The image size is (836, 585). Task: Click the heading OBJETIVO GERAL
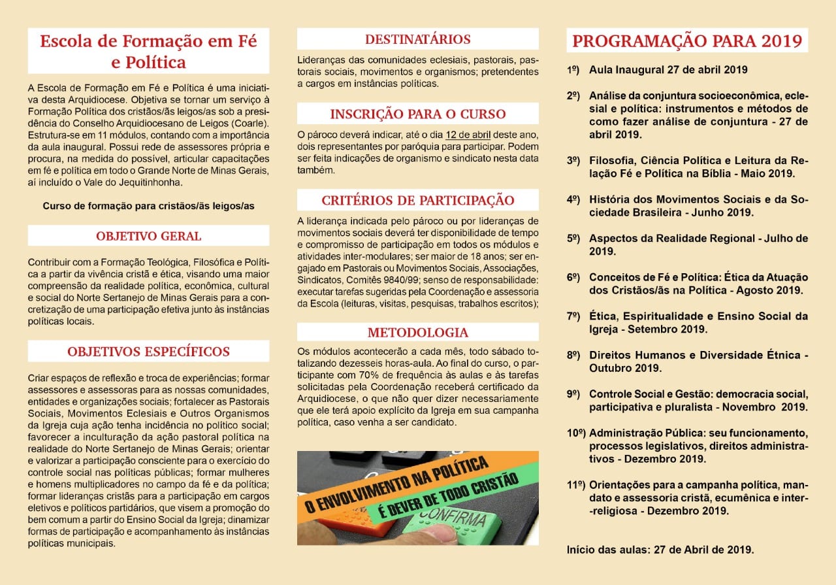149,236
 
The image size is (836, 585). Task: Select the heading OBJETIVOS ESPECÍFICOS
149,352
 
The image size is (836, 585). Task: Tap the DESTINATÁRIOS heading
418,39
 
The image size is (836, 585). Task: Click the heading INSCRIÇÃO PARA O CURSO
418,114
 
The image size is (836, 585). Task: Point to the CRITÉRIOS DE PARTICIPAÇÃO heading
418,200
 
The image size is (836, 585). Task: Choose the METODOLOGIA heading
418,332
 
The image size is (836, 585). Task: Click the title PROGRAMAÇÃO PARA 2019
687,41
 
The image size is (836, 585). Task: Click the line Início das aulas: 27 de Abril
660,550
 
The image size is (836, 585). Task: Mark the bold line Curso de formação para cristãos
148,205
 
